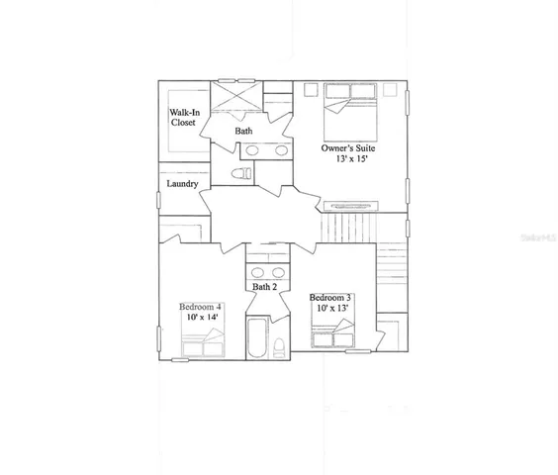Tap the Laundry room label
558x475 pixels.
coord(183,184)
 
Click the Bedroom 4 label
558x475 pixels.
coord(201,307)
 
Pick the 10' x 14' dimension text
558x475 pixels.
coord(201,319)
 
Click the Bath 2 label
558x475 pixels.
coord(263,287)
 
